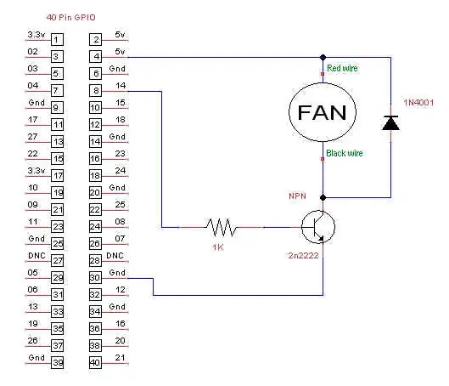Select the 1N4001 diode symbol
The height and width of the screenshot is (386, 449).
coord(391,123)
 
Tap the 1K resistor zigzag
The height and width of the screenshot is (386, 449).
coord(220,227)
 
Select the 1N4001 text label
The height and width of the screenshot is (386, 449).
coord(418,103)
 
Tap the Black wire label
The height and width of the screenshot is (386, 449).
coord(345,154)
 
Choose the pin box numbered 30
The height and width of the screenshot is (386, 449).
coord(95,277)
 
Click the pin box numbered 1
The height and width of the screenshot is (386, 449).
coord(57,39)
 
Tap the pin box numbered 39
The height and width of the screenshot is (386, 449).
coord(57,362)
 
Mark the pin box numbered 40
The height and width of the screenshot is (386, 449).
coord(95,362)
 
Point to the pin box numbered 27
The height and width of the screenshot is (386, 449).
coord(57,260)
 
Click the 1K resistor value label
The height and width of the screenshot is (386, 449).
coord(220,247)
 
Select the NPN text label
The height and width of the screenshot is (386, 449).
coord(297,196)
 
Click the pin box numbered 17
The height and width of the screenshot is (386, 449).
coord(57,175)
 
